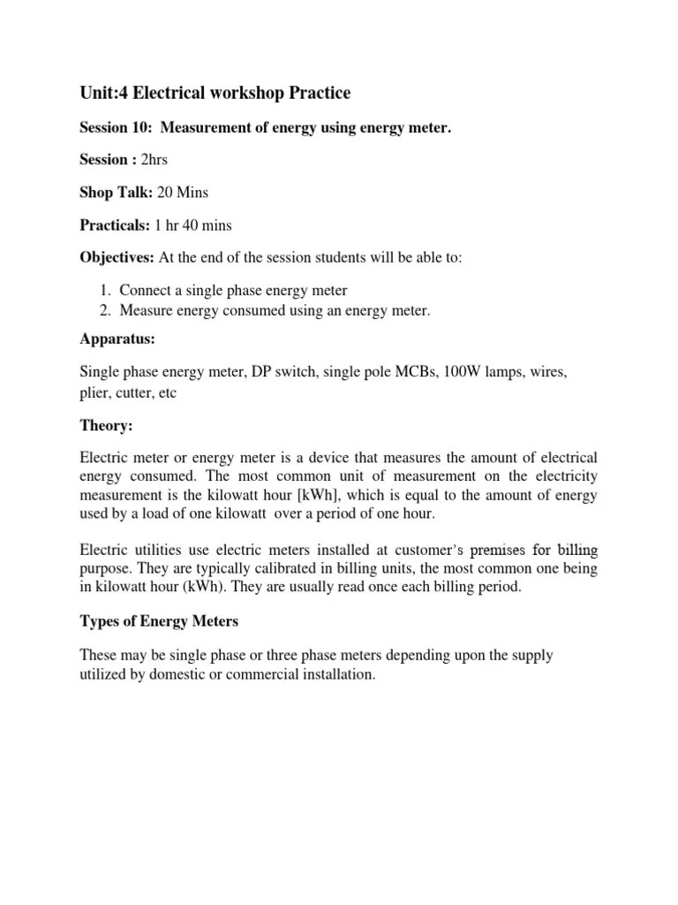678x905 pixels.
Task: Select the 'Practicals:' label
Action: coord(115,225)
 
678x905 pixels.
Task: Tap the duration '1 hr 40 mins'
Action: coord(192,225)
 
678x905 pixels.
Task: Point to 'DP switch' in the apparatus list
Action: coord(275,374)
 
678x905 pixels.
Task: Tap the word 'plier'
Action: coord(96,393)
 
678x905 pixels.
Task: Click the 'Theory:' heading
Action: coord(107,426)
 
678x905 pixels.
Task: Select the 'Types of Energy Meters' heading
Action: coord(159,622)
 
